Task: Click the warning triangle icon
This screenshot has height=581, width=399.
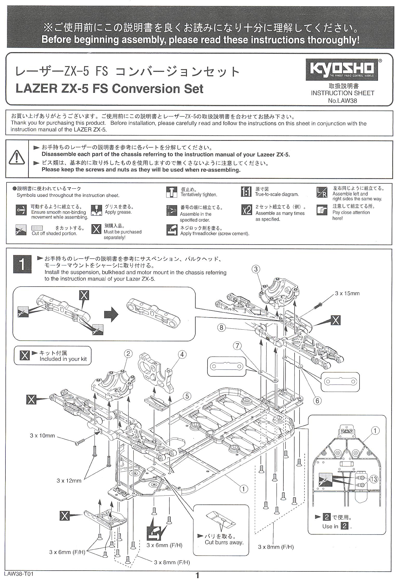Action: click(17, 157)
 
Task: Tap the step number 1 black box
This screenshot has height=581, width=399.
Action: click(22, 264)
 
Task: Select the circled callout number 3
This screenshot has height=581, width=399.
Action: click(256, 269)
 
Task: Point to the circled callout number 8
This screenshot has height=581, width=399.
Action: click(221, 328)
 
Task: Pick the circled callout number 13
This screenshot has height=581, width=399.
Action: click(374, 479)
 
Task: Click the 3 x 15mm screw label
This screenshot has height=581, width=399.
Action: click(347, 293)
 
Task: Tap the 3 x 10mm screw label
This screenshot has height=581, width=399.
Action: click(42, 436)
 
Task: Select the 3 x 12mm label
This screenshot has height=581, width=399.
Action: click(69, 481)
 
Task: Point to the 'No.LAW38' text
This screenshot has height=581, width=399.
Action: click(342, 101)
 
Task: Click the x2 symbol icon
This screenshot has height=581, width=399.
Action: click(247, 210)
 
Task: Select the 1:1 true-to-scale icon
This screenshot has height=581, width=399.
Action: click(246, 192)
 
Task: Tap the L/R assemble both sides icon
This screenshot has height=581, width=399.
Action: click(322, 192)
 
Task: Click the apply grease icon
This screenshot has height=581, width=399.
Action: click(96, 210)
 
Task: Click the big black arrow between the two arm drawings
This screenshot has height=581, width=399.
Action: click(111, 315)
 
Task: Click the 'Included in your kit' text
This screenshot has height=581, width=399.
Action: click(63, 359)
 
